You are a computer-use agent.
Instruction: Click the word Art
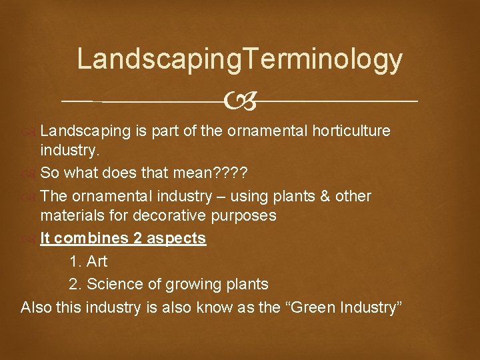(97, 261)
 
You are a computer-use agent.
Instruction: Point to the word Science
(114, 284)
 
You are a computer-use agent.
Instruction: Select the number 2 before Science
(74, 284)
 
